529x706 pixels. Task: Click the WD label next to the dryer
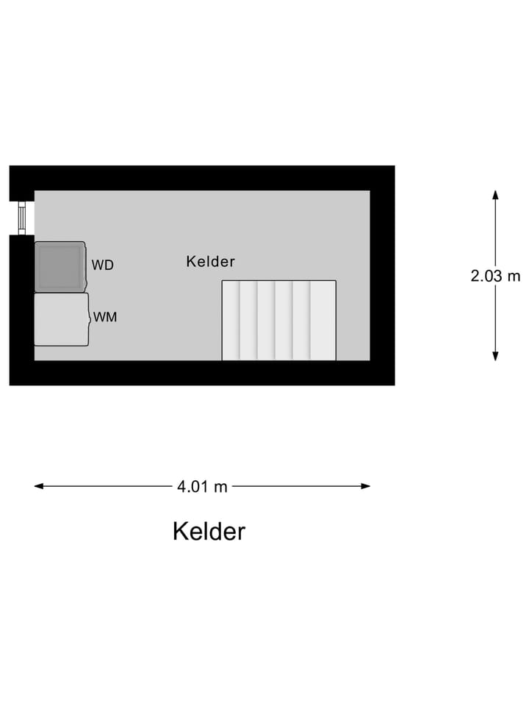(x=103, y=265)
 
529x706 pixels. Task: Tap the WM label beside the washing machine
(x=105, y=317)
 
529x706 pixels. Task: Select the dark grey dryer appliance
(x=60, y=266)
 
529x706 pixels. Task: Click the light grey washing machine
(x=62, y=319)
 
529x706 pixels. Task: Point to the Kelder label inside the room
(x=211, y=261)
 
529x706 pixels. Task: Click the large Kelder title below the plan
(x=209, y=531)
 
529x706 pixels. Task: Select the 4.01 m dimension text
(x=203, y=486)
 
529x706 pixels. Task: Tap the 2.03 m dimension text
(x=495, y=276)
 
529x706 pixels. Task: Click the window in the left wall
(x=22, y=218)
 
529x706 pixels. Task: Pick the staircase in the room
(x=279, y=320)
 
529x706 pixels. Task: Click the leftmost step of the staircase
(x=231, y=320)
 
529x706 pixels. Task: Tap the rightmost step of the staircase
(x=323, y=320)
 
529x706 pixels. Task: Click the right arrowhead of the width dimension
(x=365, y=486)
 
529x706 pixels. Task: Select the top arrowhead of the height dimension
(x=495, y=195)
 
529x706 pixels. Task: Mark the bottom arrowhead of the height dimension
(x=495, y=356)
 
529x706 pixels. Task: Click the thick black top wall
(x=202, y=178)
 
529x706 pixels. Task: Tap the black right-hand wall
(x=382, y=275)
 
